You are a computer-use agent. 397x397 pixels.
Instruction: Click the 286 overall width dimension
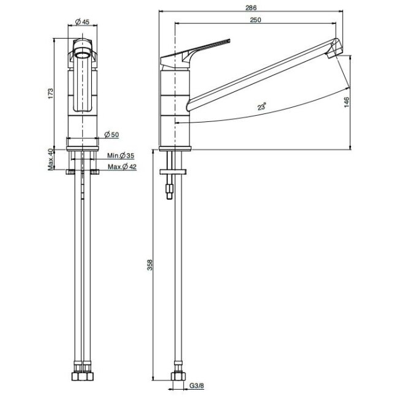point(251,8)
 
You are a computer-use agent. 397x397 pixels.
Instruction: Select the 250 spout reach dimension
point(255,20)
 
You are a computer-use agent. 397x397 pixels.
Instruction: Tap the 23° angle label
point(262,107)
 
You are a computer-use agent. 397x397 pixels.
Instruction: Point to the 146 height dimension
point(347,102)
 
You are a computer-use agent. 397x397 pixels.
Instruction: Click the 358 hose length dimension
point(150,265)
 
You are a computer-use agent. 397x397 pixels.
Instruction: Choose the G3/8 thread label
point(197,386)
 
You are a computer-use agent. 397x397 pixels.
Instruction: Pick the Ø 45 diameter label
point(83,22)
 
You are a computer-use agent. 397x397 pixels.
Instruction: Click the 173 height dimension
point(51,93)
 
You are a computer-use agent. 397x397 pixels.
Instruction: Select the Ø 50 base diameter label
point(112,134)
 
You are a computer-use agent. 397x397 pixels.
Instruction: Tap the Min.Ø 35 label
point(121,156)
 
